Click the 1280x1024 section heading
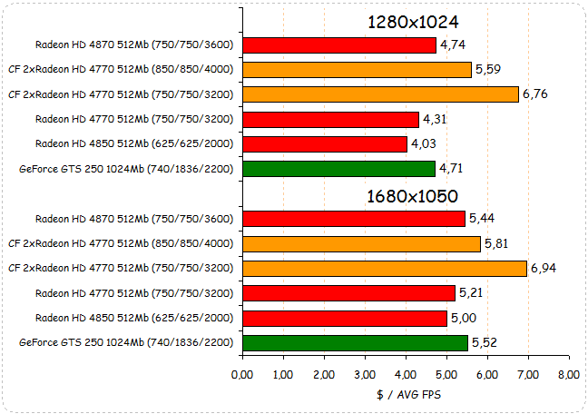[412, 22]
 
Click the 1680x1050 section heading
[412, 196]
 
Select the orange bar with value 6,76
[380, 94]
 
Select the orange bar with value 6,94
[384, 268]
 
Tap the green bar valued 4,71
[338, 168]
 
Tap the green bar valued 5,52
[355, 342]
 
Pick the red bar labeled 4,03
[325, 143]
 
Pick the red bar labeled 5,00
[345, 318]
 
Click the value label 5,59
[488, 69]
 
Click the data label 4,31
[436, 118]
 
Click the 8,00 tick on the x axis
[569, 374]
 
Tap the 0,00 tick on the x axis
[242, 374]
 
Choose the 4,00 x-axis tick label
[406, 374]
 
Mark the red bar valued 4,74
[339, 44]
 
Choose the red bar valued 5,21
[348, 292]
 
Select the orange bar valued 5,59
[357, 69]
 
